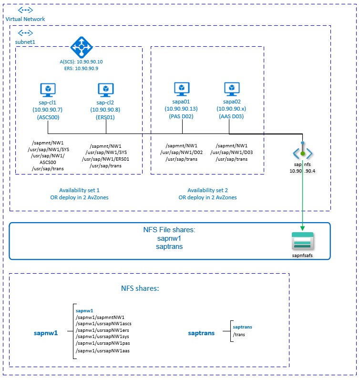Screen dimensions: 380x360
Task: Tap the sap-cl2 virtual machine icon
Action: coord(105,90)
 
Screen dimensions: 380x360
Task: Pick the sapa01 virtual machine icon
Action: coord(181,89)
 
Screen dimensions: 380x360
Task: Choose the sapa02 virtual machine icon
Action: coord(232,89)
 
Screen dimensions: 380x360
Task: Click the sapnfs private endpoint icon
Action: coord(302,152)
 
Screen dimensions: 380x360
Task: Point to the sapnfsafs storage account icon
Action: coord(303,241)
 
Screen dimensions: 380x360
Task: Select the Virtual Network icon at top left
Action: coord(25,10)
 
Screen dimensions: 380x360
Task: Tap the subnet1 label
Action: coord(25,41)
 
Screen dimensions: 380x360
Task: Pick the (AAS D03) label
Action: coord(231,116)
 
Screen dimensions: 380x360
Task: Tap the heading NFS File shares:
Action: coord(169,230)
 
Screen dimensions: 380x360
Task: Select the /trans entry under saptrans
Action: coord(239,334)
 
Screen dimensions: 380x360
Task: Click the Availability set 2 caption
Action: coord(207,190)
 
